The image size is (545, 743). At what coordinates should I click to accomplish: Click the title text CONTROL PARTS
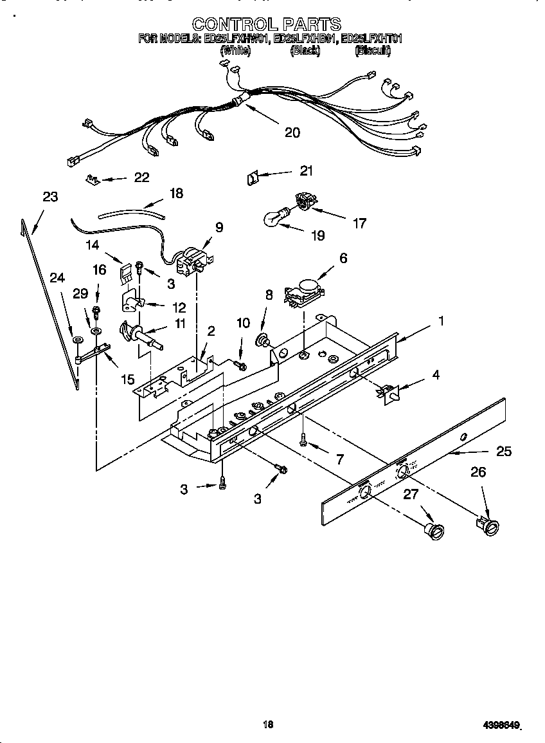pyautogui.click(x=266, y=24)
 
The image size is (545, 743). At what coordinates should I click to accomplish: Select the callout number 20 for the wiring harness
pyautogui.click(x=292, y=133)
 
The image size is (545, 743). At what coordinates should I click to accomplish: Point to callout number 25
pyautogui.click(x=504, y=452)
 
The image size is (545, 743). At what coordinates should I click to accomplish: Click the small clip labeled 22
pyautogui.click(x=93, y=179)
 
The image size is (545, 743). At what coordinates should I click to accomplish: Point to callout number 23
pyautogui.click(x=50, y=197)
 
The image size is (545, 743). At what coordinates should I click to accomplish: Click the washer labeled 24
pyautogui.click(x=77, y=339)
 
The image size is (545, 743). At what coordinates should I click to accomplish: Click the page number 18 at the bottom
pyautogui.click(x=269, y=724)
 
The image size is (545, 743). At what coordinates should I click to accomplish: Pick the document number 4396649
pyautogui.click(x=501, y=725)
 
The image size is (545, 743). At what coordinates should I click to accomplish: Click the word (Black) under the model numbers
pyautogui.click(x=305, y=50)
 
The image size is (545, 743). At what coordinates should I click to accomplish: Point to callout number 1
pyautogui.click(x=440, y=320)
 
